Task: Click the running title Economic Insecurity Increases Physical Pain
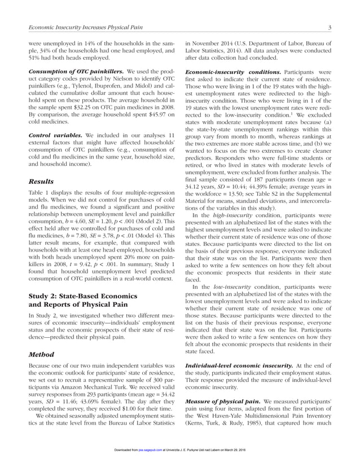(x=92, y=29)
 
